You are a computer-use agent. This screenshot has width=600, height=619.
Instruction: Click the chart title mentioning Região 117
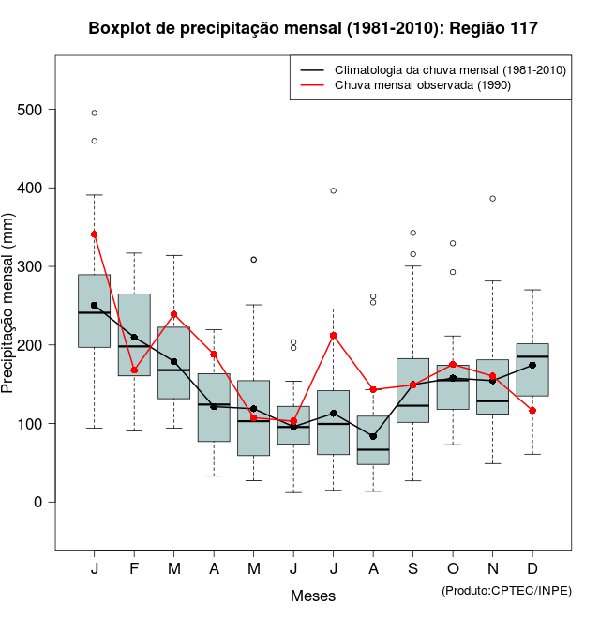pos(313,28)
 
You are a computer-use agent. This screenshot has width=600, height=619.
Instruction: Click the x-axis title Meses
pos(312,596)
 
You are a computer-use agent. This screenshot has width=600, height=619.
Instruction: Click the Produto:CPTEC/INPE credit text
pos(506,589)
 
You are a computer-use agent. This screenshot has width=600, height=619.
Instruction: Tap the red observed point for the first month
pos(95,234)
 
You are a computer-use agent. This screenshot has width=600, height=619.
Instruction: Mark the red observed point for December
pos(532,410)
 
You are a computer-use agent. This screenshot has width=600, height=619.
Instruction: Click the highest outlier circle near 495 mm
pos(95,113)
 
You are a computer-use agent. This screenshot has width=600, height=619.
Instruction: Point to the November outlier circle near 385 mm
pos(492,199)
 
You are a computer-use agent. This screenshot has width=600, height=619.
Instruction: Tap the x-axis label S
pos(412,569)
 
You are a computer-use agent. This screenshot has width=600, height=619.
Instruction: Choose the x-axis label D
pos(532,569)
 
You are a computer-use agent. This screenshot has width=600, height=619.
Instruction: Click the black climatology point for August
pos(373,436)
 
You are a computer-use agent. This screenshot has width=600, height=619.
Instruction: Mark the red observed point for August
pos(373,389)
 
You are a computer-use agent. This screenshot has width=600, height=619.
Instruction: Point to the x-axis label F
pos(134,569)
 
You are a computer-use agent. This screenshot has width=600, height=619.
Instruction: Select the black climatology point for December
pos(532,365)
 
